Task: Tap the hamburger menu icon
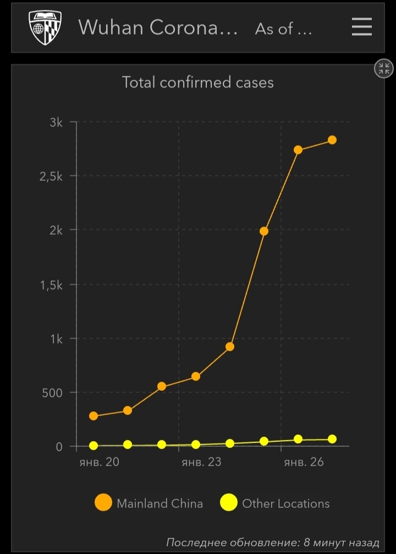[361, 27]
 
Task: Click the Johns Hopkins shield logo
[45, 27]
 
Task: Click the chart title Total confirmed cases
[197, 82]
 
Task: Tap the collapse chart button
[383, 69]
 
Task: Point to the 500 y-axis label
[51, 392]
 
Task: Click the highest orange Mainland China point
[332, 140]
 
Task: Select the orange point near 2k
[264, 231]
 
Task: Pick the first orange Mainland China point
[94, 416]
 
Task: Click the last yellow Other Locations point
[332, 439]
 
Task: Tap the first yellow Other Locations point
[94, 446]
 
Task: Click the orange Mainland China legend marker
[103, 503]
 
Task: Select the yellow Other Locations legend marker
[229, 503]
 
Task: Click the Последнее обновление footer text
[273, 542]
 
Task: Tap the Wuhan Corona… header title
[158, 27]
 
